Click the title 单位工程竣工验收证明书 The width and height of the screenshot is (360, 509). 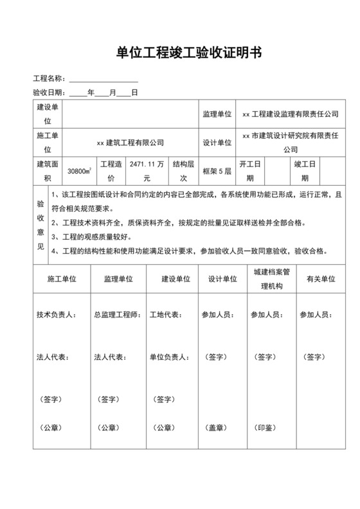tap(179, 53)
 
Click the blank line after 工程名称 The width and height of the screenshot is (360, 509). tap(104, 79)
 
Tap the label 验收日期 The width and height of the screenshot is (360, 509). tap(50, 93)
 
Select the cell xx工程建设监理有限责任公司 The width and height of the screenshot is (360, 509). tap(290, 114)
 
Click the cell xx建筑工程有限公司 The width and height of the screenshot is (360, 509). tap(130, 143)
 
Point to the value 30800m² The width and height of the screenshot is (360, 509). tap(79, 172)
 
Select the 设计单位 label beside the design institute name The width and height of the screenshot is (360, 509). tap(217, 143)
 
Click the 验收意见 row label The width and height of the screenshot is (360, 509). tap(40, 224)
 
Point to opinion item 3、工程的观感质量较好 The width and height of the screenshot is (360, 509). tap(96, 238)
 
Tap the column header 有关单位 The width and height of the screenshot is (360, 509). tap(320, 279)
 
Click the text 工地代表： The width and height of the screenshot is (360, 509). tap(165, 316)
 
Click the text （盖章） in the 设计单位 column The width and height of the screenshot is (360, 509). tap(214, 427)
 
